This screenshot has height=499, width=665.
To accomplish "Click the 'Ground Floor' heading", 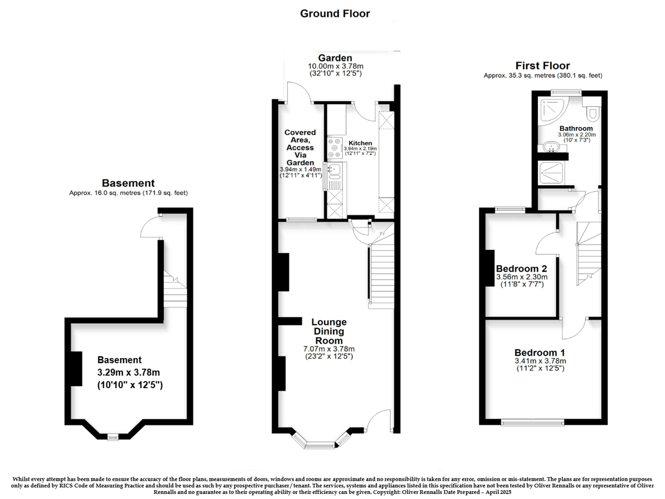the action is [x=335, y=14].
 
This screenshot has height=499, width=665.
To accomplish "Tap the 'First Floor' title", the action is [x=543, y=66].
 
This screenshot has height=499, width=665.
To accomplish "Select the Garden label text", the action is [x=335, y=58].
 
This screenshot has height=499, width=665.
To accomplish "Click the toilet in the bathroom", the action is [x=592, y=110].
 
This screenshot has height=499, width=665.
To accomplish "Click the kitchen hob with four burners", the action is [x=335, y=148].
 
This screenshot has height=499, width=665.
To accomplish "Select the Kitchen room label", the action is [x=360, y=143].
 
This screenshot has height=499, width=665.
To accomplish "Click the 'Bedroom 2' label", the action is [x=521, y=269].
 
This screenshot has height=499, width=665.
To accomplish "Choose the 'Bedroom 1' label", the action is [x=540, y=353].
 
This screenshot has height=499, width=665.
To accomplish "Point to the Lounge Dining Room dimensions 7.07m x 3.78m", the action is [x=329, y=349].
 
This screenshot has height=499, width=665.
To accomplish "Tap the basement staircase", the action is [x=175, y=289].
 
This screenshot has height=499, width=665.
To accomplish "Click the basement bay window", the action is [x=113, y=437].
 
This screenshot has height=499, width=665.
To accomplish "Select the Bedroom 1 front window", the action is [x=533, y=422].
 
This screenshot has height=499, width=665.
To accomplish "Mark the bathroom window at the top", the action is [x=566, y=93].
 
